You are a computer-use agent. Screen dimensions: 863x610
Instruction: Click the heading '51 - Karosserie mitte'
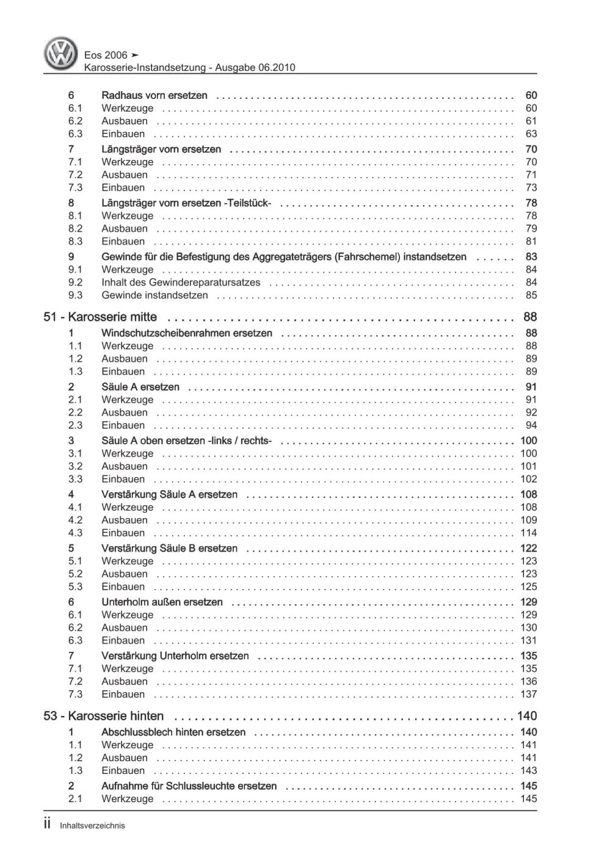coord(100,317)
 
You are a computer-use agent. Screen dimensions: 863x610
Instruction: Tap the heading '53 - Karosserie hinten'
coord(104,716)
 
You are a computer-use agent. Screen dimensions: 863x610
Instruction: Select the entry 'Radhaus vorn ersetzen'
coord(154,95)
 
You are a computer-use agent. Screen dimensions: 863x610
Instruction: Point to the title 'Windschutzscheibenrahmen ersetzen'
coord(187,333)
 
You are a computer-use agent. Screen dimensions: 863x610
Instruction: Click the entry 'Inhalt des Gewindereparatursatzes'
coord(181,283)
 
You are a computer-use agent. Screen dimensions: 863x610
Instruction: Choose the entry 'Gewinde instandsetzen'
coord(154,295)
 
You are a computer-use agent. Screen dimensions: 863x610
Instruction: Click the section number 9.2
coord(75,283)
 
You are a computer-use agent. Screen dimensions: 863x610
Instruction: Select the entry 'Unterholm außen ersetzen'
coord(162,602)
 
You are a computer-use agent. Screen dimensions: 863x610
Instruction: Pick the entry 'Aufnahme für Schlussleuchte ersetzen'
coord(189,786)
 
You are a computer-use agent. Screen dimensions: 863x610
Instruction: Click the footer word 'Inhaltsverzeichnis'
coord(92,826)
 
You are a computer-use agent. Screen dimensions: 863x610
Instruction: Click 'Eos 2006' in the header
coord(106,55)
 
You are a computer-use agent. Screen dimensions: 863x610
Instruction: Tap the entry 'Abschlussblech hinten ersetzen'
coord(173,732)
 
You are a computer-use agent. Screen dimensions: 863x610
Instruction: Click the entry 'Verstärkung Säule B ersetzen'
coord(169,549)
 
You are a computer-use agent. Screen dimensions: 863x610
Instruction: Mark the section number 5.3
coord(75,587)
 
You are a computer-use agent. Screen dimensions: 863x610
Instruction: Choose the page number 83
coord(531,257)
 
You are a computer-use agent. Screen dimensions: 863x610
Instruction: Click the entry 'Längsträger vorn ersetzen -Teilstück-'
coord(186,203)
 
